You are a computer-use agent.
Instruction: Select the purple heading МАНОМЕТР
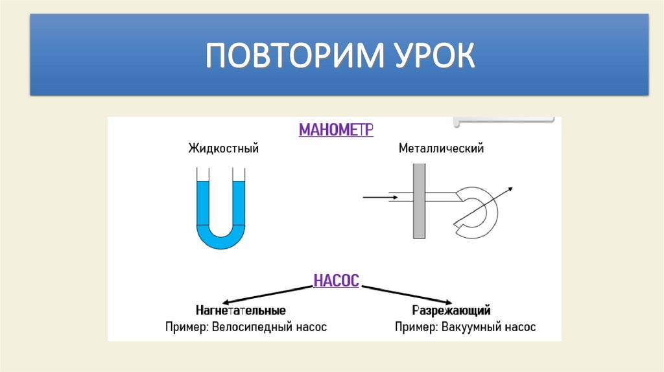point(336,130)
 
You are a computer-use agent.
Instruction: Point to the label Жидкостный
point(224,149)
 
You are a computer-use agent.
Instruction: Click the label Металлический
point(442,149)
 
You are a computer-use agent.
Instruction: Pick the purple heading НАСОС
point(336,282)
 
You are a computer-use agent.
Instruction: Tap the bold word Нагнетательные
point(241,310)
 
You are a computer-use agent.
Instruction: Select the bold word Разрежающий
point(451,310)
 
